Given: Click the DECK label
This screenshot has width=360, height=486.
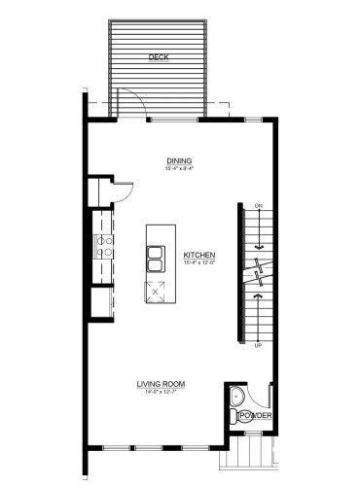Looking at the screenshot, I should point(159,58).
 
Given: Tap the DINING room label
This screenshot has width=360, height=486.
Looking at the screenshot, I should point(178,161).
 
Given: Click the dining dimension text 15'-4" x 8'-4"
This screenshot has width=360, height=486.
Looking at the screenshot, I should point(178,169).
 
